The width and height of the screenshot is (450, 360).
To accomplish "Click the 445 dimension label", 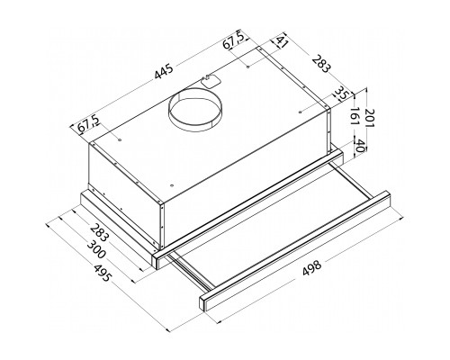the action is pyautogui.click(x=164, y=72).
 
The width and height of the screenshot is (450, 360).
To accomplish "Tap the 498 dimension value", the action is pyautogui.click(x=312, y=267).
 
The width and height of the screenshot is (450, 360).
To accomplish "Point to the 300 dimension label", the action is pyautogui.click(x=96, y=250).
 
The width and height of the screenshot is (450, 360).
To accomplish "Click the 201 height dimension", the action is pyautogui.click(x=368, y=118).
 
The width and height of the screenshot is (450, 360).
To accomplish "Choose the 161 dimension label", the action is pyautogui.click(x=355, y=116).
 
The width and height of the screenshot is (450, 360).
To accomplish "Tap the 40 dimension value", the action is pyautogui.click(x=360, y=145).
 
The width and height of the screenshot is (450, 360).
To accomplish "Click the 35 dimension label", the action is pyautogui.click(x=340, y=94).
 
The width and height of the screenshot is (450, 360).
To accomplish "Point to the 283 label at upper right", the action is pyautogui.click(x=320, y=64).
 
